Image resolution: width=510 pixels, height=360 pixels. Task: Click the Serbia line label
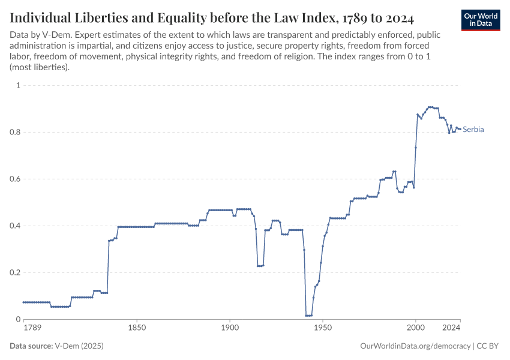point(473,130)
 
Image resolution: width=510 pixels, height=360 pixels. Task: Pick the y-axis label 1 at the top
point(18,85)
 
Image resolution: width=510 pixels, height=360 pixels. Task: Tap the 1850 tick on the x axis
point(137,328)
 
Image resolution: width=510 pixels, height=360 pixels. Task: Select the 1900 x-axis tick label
point(230,328)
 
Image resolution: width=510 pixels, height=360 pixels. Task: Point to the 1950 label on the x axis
point(323,328)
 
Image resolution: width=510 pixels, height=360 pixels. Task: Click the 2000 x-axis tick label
point(415,328)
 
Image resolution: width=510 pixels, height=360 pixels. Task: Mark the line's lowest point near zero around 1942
point(308,316)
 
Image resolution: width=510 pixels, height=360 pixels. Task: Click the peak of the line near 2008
point(430,107)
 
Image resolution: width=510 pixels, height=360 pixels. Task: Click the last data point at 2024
point(460,129)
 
